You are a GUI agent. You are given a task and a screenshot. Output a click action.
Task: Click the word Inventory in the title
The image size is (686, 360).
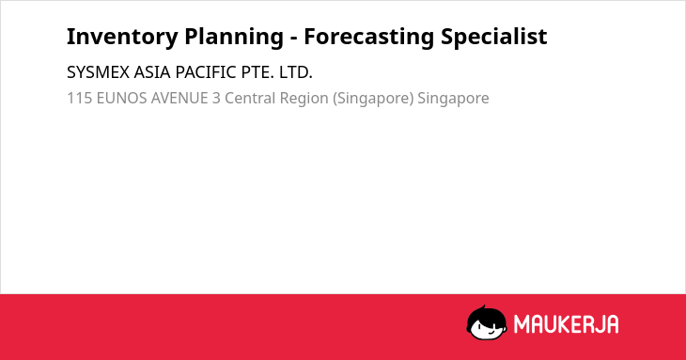point(122,37)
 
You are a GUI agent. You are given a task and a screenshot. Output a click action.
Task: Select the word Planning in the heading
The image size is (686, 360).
point(234,37)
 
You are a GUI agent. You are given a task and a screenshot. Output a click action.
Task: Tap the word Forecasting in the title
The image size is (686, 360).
point(368,37)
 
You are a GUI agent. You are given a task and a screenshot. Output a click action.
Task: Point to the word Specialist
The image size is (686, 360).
point(494,37)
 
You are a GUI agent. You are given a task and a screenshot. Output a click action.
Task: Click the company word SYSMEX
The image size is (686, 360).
point(98,72)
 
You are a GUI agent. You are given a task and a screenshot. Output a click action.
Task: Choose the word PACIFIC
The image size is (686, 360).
point(206,72)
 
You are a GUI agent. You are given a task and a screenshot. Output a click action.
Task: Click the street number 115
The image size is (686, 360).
point(80,98)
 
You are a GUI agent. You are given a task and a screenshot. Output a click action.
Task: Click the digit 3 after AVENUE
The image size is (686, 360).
point(216,98)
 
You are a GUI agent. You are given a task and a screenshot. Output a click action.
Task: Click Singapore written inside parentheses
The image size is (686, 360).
point(373,99)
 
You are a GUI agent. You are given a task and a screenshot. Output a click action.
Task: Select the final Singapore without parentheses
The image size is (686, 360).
point(453,99)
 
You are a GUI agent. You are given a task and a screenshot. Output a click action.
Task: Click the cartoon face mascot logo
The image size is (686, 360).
point(487,322)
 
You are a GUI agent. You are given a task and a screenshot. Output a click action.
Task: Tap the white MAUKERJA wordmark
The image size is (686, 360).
point(566,324)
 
